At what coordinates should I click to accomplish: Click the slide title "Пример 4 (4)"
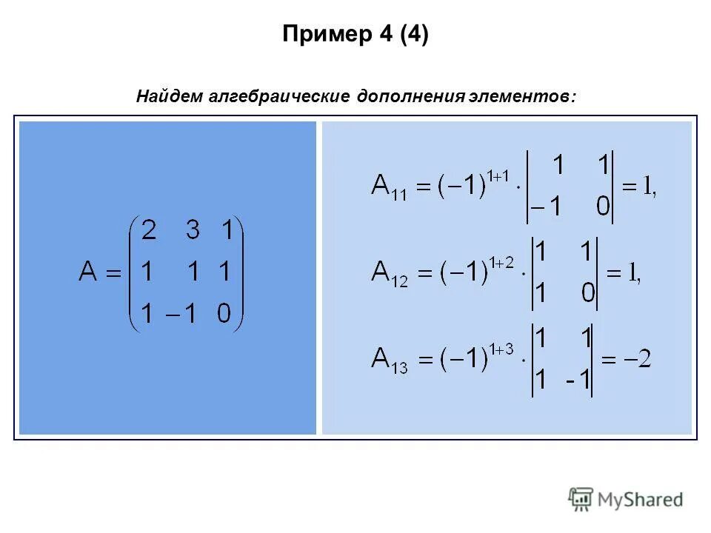[x=355, y=35]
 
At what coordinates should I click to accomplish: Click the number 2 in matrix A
[x=148, y=232]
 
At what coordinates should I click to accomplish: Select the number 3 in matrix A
[x=193, y=232]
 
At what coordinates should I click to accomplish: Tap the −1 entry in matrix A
[x=183, y=315]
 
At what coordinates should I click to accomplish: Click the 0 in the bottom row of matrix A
[x=224, y=315]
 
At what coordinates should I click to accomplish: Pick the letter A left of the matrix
[x=88, y=273]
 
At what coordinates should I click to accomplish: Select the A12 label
[x=387, y=275]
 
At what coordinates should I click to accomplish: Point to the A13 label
[x=388, y=361]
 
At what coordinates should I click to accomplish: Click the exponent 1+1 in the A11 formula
[x=501, y=175]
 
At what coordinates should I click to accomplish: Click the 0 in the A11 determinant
[x=604, y=208]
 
